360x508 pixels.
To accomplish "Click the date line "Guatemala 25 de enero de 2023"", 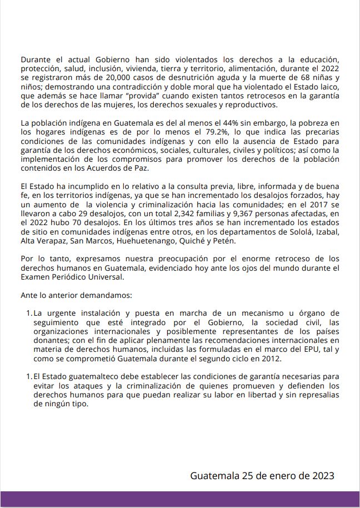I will tap(262, 476).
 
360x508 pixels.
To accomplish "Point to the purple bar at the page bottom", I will tap(180, 500).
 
